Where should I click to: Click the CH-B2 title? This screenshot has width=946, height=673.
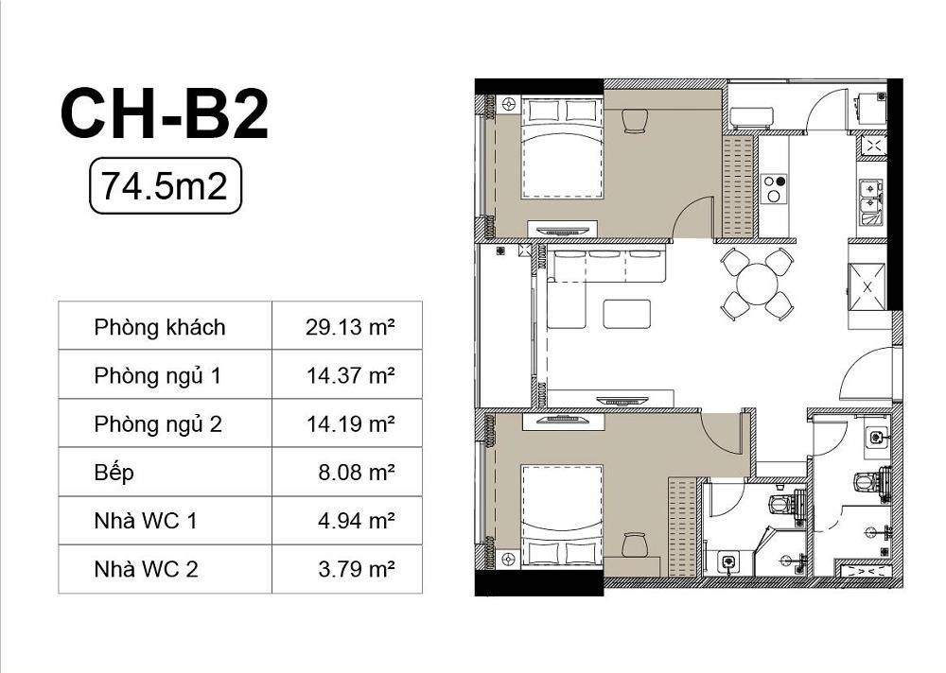point(164,114)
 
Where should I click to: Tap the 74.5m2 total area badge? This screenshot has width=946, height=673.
point(166,186)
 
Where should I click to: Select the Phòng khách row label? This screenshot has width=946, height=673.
point(160,327)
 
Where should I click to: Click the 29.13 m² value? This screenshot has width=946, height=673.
point(350,327)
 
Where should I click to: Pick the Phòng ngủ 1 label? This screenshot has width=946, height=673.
point(157,375)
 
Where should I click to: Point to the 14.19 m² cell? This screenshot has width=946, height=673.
point(351,424)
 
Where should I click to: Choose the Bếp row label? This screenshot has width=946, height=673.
point(114,473)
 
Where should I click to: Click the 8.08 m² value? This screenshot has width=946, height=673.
point(357,473)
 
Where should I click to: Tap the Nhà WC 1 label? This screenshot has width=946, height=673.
point(146,521)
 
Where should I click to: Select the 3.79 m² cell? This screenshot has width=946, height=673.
point(357,569)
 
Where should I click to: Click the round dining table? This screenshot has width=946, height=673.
point(757,284)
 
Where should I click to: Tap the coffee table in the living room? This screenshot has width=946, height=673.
point(627,314)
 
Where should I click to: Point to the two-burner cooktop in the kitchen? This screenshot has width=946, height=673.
point(774,188)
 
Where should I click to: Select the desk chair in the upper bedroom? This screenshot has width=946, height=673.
point(634,121)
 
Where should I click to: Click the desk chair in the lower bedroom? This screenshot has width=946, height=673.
point(634,545)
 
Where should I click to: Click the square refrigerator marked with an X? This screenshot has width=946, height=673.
point(867,287)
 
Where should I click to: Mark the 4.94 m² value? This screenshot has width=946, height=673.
point(357,521)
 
